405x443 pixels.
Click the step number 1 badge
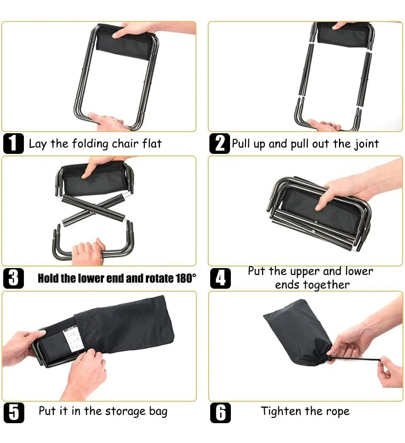(x=13, y=143)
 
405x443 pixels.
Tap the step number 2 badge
(x=220, y=143)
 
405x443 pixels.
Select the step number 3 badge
(x=13, y=278)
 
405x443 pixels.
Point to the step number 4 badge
(x=220, y=278)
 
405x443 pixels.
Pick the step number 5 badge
(x=14, y=413)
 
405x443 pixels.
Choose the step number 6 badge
(x=220, y=413)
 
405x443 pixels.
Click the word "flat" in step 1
(x=152, y=143)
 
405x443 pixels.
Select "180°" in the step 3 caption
(x=185, y=278)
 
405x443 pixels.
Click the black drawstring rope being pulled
(x=356, y=359)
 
